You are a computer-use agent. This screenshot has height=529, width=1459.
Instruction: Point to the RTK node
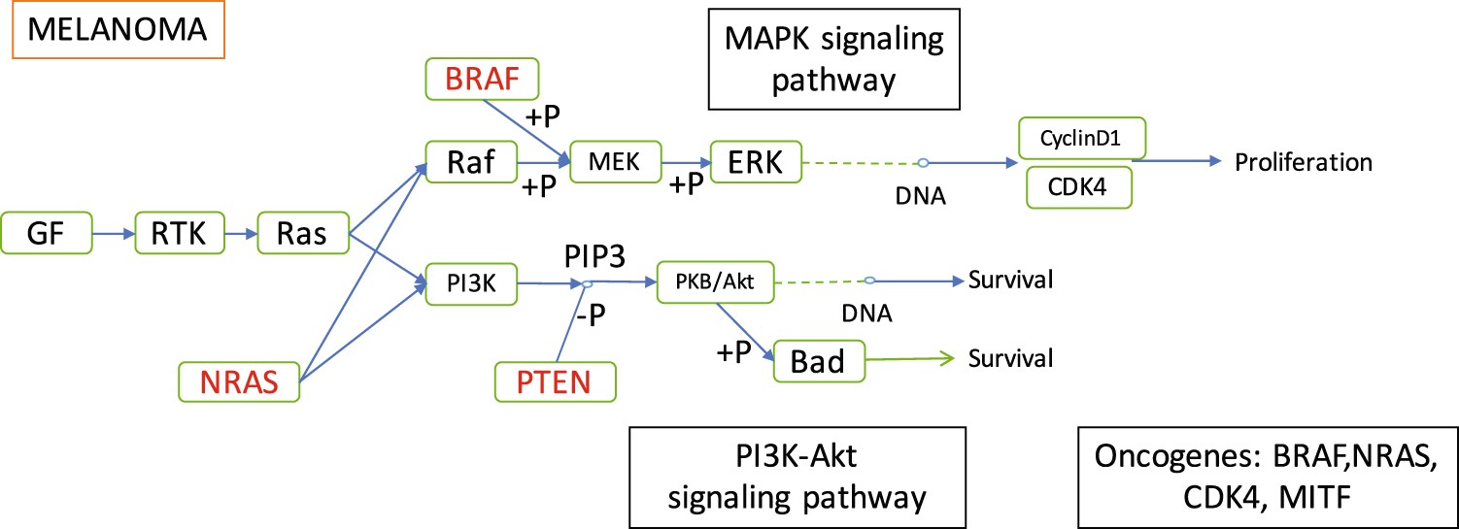point(181,235)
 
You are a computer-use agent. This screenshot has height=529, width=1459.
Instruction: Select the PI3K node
point(470,283)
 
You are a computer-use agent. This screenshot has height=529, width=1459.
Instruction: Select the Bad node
point(818,361)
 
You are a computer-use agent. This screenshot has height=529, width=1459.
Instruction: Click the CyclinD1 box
point(1082,139)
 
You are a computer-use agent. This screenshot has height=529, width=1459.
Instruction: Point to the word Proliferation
point(1303,162)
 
